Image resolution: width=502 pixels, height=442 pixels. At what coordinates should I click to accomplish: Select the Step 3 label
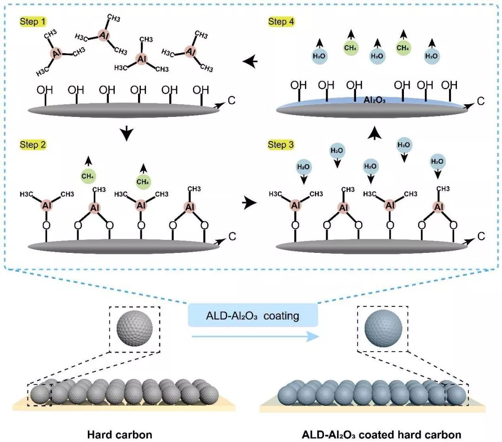[281, 145]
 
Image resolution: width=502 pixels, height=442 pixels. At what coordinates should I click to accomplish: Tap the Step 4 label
[281, 22]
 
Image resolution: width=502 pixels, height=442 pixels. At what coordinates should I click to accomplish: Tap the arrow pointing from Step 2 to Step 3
[250, 202]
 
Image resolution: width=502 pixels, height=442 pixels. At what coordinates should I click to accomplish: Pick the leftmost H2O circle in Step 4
[320, 56]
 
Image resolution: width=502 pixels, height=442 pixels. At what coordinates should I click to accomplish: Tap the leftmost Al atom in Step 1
[57, 54]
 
